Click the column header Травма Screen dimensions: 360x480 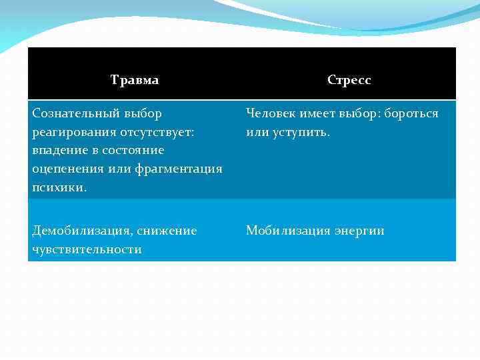[135, 80]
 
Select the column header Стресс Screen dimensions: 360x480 [349, 80]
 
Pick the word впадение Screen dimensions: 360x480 [59, 151]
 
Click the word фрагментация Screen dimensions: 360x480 [178, 169]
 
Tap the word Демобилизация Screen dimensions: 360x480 [81, 231]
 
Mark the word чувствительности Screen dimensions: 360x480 [87, 249]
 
